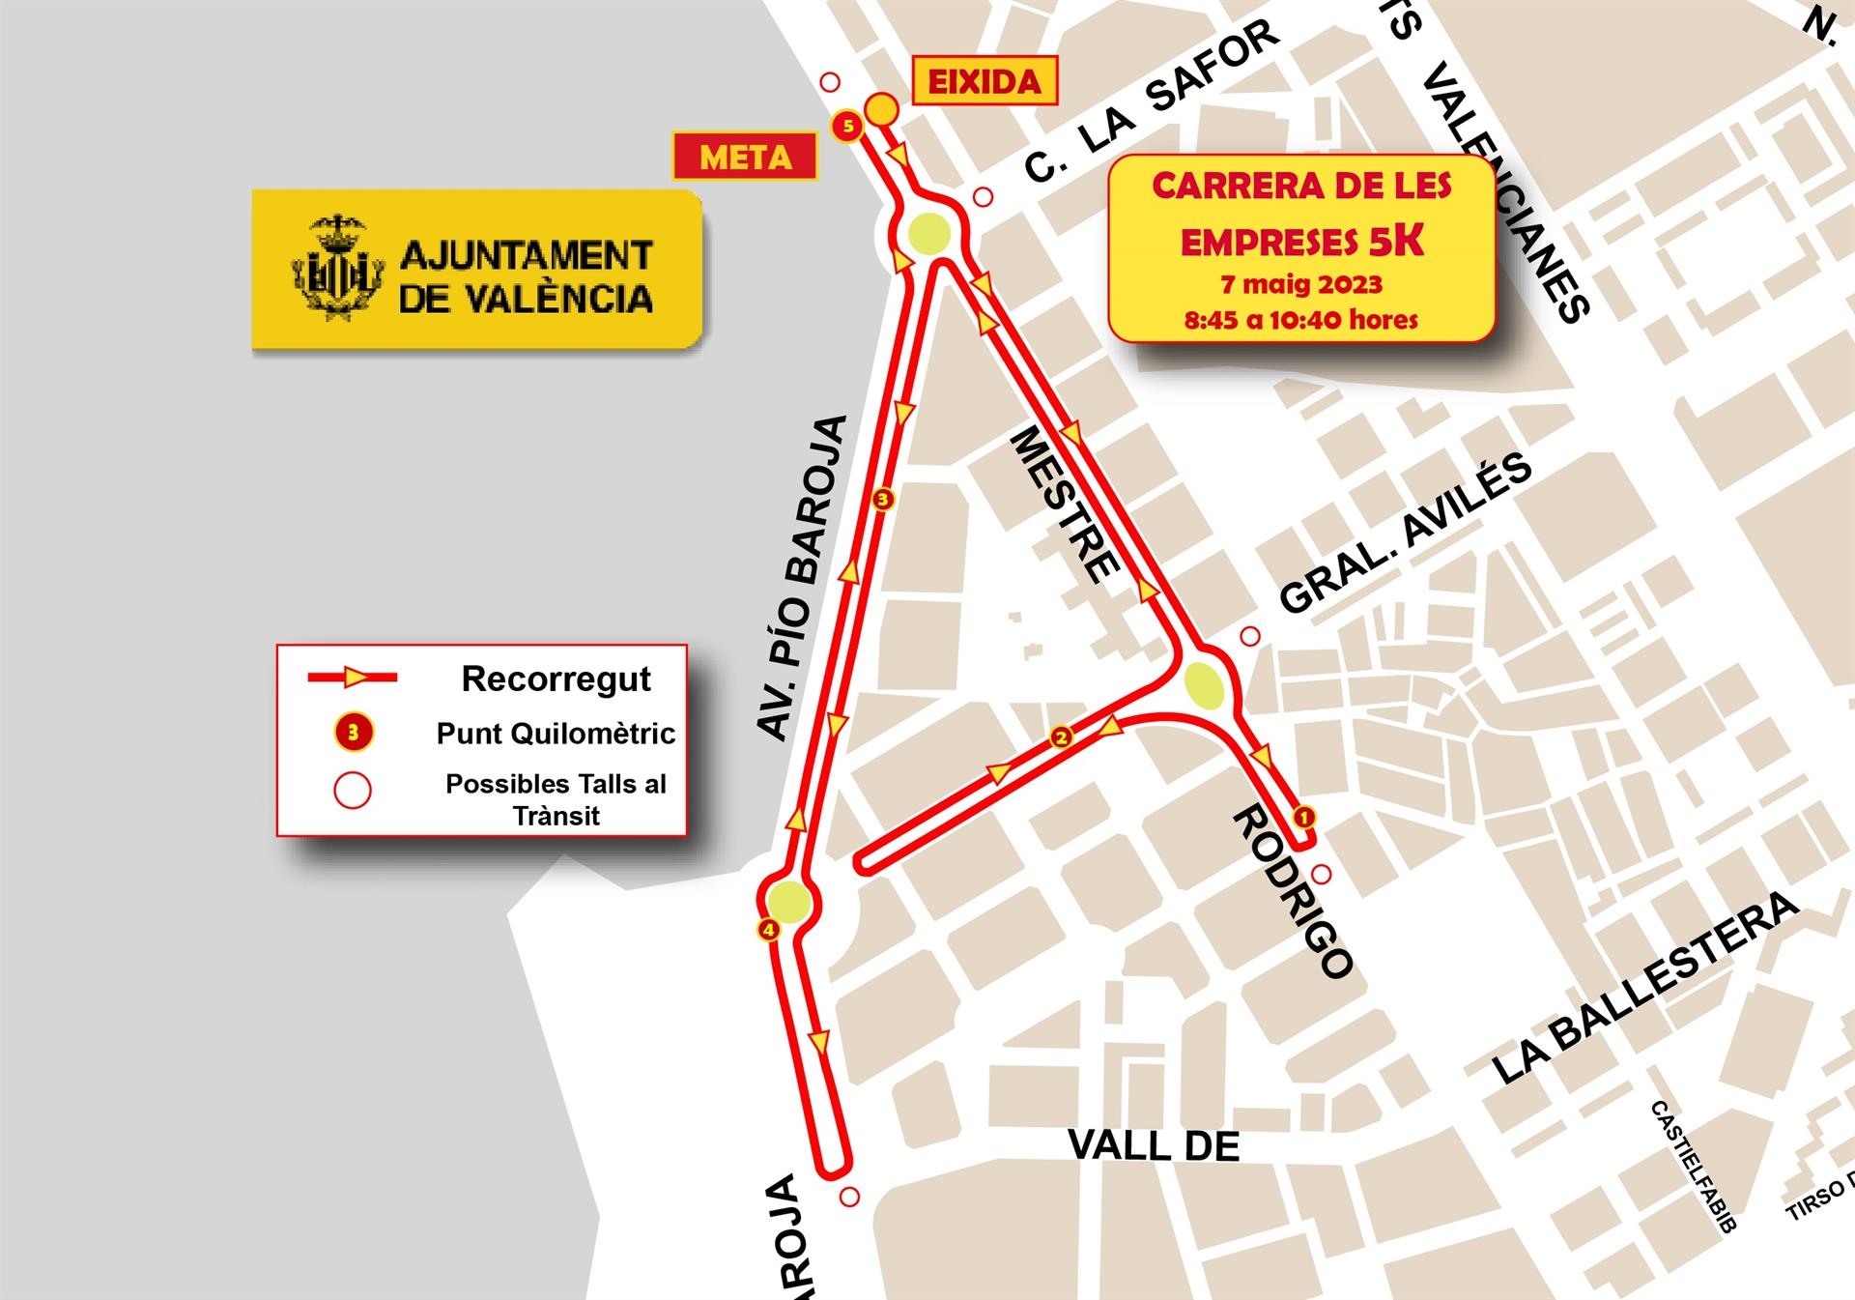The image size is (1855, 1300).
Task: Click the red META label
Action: (x=745, y=157)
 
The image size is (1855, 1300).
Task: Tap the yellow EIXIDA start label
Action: (x=985, y=82)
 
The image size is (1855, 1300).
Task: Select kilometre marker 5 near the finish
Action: (x=847, y=126)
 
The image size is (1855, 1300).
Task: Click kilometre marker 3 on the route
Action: (x=882, y=500)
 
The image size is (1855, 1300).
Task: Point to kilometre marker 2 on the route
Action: (x=1061, y=737)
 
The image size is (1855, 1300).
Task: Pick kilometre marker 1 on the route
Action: (x=1303, y=818)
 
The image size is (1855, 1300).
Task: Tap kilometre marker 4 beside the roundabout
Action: (x=769, y=931)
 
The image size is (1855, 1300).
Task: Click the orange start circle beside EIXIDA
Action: (x=881, y=109)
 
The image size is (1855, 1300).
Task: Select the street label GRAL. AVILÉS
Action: (x=1406, y=533)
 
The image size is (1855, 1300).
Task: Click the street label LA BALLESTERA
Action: (x=1645, y=989)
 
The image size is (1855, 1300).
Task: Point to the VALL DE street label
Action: (x=1154, y=1146)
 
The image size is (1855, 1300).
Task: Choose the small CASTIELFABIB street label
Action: (x=1693, y=1166)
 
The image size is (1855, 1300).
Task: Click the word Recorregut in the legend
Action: (x=556, y=679)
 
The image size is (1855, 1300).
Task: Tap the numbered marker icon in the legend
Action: (x=354, y=733)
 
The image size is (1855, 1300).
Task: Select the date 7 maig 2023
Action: (x=1301, y=284)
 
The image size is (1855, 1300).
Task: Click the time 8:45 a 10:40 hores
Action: (x=1301, y=320)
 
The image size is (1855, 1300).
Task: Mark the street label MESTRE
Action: (x=1065, y=506)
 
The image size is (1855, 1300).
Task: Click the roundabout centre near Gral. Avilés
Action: (x=1205, y=686)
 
